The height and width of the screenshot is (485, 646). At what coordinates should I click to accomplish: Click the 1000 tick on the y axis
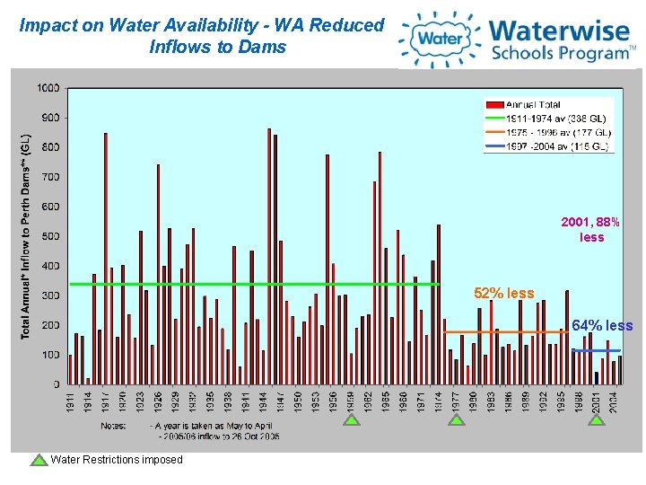(x=49, y=88)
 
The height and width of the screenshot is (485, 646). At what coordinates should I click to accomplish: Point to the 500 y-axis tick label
(x=52, y=236)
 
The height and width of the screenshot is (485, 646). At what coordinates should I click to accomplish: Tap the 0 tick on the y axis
(x=57, y=384)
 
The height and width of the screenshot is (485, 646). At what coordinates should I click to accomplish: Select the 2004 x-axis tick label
(x=614, y=401)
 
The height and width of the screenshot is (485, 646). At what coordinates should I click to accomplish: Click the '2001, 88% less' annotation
(x=590, y=229)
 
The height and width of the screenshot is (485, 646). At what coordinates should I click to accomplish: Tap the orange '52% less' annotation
(x=504, y=293)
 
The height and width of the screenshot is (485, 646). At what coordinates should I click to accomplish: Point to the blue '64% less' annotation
(x=602, y=325)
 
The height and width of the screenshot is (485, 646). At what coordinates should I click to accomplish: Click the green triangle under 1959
(x=352, y=419)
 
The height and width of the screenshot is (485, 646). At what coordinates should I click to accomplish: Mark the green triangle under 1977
(x=457, y=419)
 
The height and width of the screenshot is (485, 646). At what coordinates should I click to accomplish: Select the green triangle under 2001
(x=596, y=419)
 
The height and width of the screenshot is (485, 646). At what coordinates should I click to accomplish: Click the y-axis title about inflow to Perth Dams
(x=27, y=237)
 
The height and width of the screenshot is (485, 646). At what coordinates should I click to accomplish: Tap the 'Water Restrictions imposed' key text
(x=117, y=460)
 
